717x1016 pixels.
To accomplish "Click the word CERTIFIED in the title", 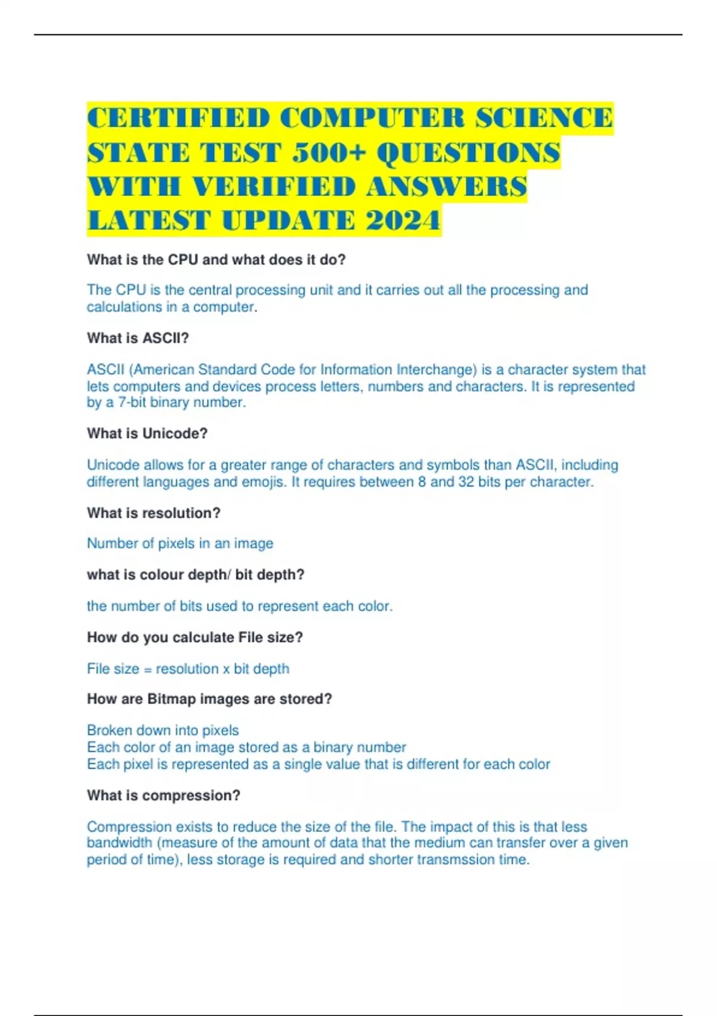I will coord(178,118).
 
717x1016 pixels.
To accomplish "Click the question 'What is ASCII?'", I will coord(138,338).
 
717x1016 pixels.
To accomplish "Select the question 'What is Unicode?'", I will coord(147,434).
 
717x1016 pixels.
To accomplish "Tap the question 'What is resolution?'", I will coord(154,513).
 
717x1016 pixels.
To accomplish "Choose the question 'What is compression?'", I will coord(164,796).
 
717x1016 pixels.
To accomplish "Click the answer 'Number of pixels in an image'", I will coord(180,543).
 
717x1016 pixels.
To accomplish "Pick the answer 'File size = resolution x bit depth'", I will coord(188,669).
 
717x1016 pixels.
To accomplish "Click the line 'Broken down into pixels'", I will coord(163,730).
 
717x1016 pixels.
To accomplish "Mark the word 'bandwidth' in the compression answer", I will coord(119,843).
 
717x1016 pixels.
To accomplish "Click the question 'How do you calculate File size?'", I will coord(195,638).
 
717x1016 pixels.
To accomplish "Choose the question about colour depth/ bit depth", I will coord(195,575).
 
